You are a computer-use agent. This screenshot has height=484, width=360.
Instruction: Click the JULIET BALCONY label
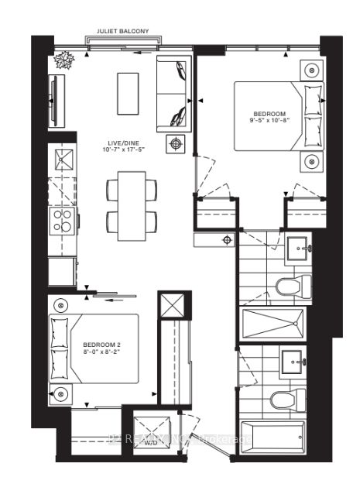tap(129, 32)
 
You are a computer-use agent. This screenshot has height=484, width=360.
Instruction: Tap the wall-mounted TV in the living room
tap(53, 97)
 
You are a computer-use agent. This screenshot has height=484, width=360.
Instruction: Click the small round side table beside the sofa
tap(177, 143)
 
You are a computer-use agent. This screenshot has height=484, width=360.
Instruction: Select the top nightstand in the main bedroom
tap(311, 69)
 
